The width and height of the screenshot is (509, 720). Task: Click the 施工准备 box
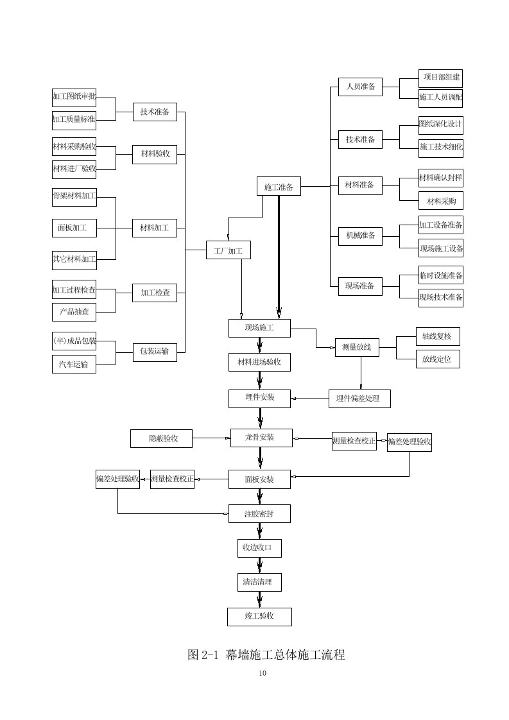279,187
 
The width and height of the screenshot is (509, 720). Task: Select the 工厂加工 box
228,250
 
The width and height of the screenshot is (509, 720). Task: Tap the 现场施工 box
259,328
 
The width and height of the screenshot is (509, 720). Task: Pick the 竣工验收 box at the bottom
259,617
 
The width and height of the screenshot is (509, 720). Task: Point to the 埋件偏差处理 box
359,399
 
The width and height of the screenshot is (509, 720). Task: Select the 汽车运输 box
74,364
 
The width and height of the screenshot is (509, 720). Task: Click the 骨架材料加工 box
74,197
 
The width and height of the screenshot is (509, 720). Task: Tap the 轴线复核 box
437,336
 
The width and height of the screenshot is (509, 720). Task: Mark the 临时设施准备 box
440,275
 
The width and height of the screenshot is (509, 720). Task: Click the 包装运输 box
155,351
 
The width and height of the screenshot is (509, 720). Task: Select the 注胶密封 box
259,513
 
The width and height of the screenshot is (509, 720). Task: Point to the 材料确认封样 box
440,178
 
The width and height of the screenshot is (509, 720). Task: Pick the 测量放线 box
357,347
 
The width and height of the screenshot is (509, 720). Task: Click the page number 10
262,673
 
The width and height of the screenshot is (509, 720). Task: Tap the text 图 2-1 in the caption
203,655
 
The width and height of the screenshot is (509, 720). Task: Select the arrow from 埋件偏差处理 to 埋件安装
310,399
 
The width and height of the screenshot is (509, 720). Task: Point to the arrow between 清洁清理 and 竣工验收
260,599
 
